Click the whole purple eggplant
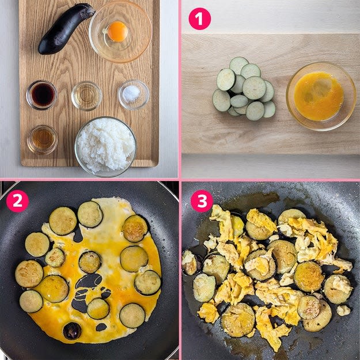point(66,29)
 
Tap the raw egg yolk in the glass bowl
point(118,32)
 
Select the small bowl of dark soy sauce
point(42,94)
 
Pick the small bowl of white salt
point(134,94)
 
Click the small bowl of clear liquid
point(86,96)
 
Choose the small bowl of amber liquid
point(43,139)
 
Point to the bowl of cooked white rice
point(105,147)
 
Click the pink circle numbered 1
point(200,18)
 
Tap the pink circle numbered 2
point(17,201)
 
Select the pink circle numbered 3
point(202,201)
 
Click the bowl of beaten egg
point(321,96)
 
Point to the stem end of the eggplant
point(88,9)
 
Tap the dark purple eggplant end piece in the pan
point(72,331)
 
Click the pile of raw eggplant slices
point(244,87)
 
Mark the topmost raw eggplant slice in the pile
point(239,66)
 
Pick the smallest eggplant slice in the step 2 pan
point(55,257)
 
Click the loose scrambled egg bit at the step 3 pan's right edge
point(343,310)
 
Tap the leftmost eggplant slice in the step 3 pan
point(190,263)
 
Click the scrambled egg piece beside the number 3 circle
point(222,221)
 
